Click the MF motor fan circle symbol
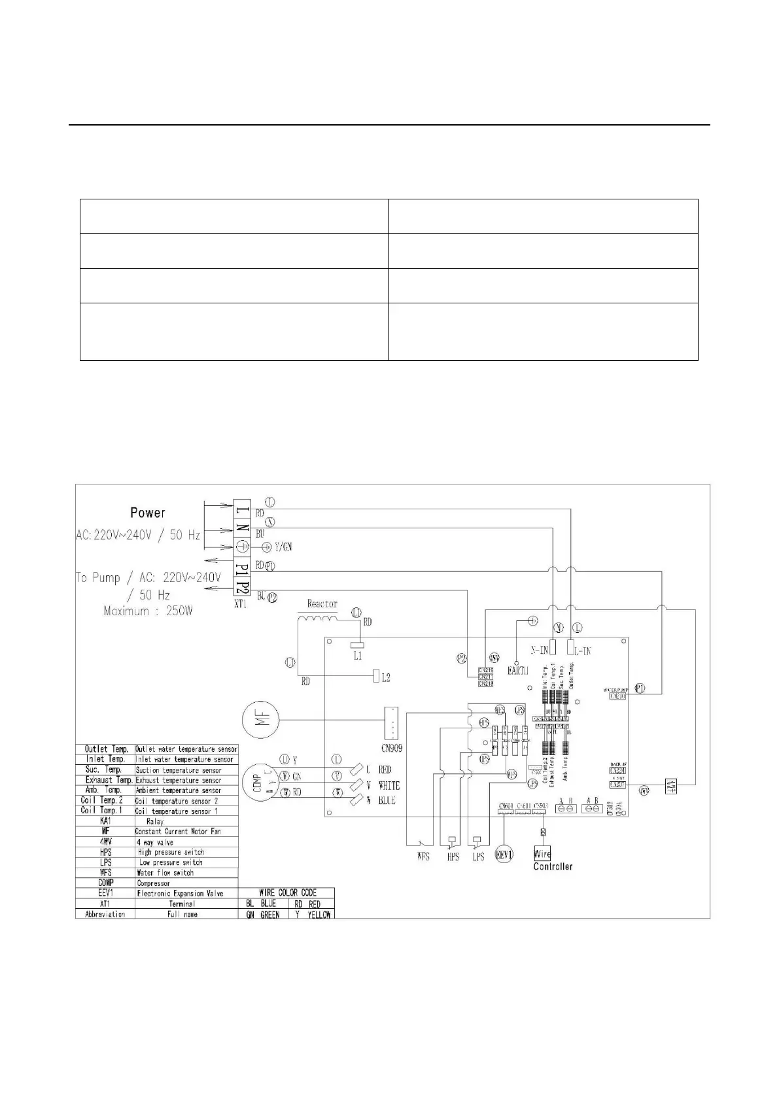coord(260,720)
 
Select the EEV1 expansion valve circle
coord(504,855)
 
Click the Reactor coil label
coord(322,604)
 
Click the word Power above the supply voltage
coord(147,513)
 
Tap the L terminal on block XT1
coord(242,507)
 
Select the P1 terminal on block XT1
coord(242,566)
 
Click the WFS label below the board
coord(423,856)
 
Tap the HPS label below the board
coord(453,856)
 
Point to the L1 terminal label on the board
coord(358,656)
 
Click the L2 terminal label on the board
coord(386,679)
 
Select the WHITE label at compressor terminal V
coord(389,785)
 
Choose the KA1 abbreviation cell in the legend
coord(105,821)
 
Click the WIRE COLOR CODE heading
coord(287,892)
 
